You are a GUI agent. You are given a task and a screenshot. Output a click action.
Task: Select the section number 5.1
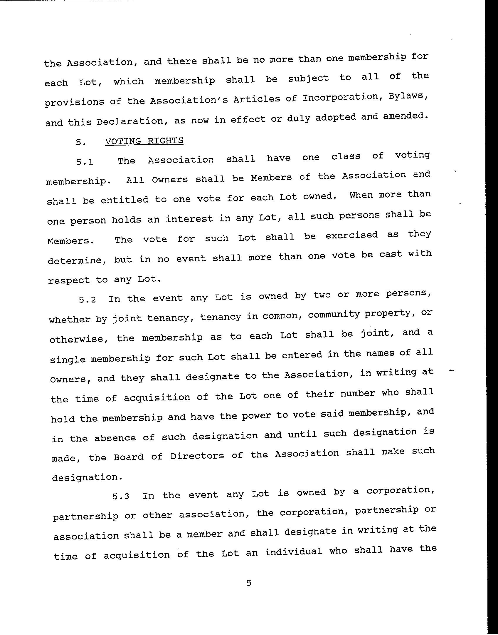(x=85, y=161)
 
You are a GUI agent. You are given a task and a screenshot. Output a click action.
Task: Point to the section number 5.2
(x=87, y=300)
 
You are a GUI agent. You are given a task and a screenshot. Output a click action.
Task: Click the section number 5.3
(x=121, y=496)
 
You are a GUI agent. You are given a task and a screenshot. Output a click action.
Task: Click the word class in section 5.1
(x=346, y=157)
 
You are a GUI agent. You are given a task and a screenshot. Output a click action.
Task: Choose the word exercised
(x=351, y=235)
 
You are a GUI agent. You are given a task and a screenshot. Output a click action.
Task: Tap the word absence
(x=115, y=438)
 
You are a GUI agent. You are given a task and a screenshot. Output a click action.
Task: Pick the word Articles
(x=257, y=99)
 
